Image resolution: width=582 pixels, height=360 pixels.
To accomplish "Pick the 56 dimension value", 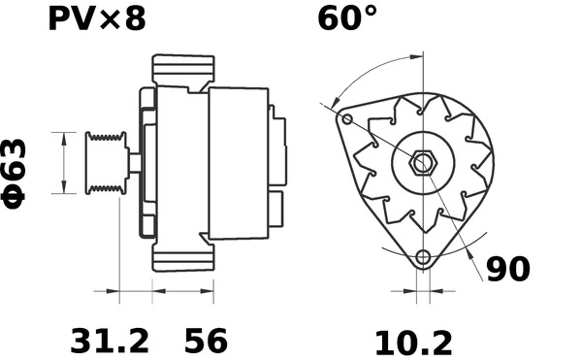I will pos(206,341).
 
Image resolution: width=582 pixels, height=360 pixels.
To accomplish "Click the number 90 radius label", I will pos(507,269).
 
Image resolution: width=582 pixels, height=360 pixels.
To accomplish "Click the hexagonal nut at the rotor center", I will pos(423,163).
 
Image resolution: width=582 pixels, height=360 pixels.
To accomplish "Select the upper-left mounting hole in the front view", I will pos(347,119).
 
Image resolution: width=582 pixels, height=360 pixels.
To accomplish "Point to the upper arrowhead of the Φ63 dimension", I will pos(64,136).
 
